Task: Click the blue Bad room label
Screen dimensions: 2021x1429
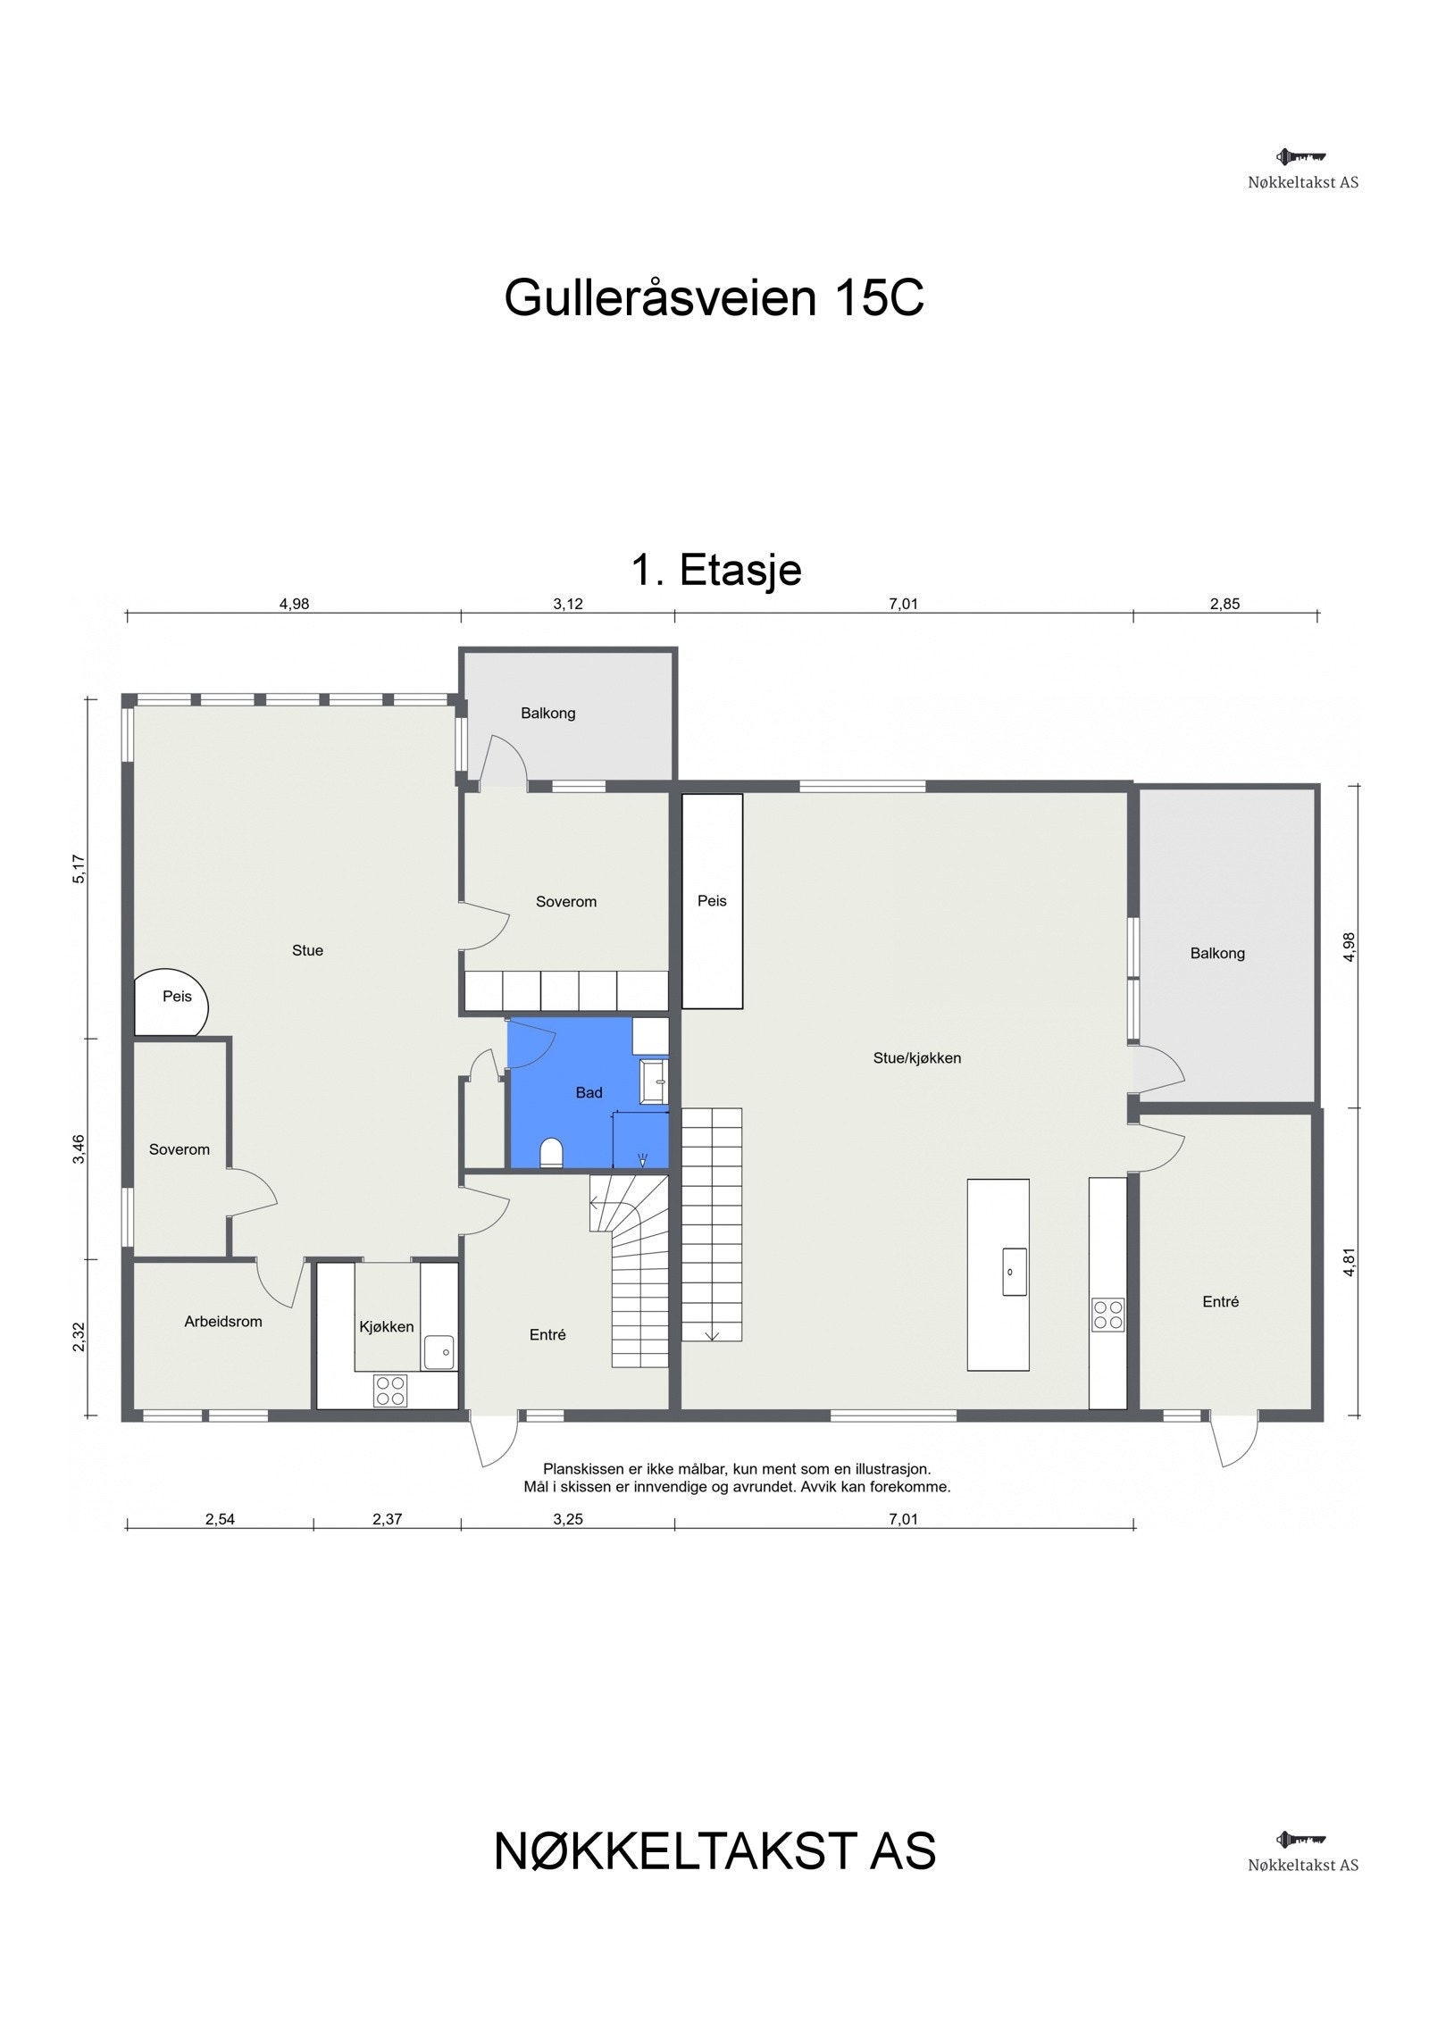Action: point(589,1092)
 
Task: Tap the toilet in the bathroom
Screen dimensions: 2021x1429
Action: point(551,1153)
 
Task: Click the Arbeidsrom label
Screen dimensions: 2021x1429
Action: point(223,1321)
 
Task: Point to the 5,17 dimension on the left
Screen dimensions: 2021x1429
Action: point(79,869)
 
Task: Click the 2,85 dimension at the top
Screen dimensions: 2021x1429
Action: point(1224,604)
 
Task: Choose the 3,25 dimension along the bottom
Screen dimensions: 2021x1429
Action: point(567,1519)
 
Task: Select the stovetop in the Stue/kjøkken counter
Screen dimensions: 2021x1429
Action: point(1107,1315)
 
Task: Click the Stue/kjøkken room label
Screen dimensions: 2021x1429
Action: point(916,1058)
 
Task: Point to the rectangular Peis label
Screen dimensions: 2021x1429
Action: point(712,901)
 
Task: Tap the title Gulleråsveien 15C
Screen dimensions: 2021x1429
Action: point(714,298)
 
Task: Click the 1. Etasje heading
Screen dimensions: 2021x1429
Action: point(716,570)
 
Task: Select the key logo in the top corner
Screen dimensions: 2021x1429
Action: point(1301,157)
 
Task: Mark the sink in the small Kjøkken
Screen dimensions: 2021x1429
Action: point(439,1352)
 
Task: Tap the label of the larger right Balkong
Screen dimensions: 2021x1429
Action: point(1216,954)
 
